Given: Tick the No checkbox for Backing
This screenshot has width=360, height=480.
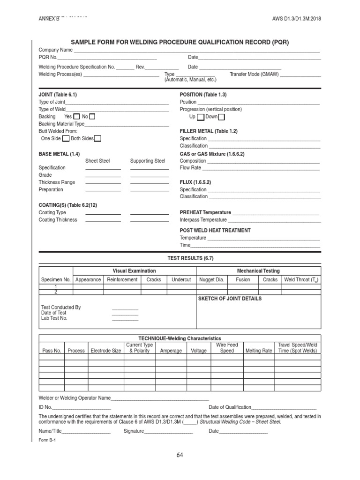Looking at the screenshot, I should click(x=92, y=116).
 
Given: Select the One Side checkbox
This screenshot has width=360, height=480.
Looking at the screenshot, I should click(x=66, y=138).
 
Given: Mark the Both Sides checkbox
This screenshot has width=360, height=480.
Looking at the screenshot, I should click(x=97, y=138).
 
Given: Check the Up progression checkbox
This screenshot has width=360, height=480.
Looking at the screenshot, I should click(x=201, y=117).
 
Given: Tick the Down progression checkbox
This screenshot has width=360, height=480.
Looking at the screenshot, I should click(x=222, y=117).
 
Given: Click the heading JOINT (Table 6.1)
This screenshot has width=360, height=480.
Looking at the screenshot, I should click(x=57, y=95).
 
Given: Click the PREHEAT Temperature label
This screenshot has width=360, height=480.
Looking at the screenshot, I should click(x=205, y=212).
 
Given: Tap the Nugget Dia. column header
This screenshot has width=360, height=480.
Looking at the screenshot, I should click(x=212, y=279).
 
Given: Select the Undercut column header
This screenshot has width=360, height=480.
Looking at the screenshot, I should click(x=181, y=279).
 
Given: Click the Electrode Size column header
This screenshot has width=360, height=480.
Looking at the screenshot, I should click(x=105, y=351).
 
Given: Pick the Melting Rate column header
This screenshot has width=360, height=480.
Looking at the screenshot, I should click(x=258, y=351).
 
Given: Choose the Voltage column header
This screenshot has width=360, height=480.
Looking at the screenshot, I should click(x=199, y=351).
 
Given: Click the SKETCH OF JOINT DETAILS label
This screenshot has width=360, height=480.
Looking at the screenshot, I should click(x=230, y=299).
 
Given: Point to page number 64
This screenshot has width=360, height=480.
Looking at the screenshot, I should click(x=180, y=455).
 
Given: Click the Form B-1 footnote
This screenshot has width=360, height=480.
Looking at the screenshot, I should click(x=47, y=440).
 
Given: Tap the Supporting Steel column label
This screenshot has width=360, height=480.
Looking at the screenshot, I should click(x=148, y=161).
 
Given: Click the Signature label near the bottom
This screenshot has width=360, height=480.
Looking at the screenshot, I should click(x=134, y=431).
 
